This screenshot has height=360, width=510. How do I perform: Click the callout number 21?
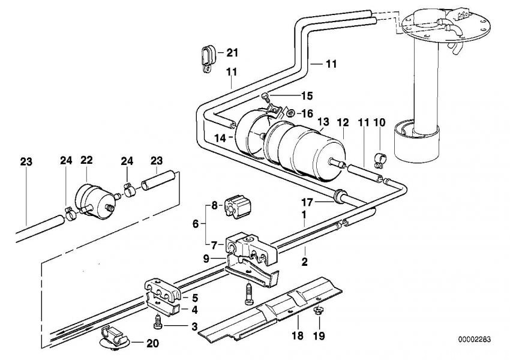pos(232,53)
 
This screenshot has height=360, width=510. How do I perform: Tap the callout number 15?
pos(307,95)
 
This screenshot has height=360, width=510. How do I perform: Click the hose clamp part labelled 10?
pos(380,160)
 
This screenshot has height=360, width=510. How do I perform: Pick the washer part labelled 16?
pos(290,112)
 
